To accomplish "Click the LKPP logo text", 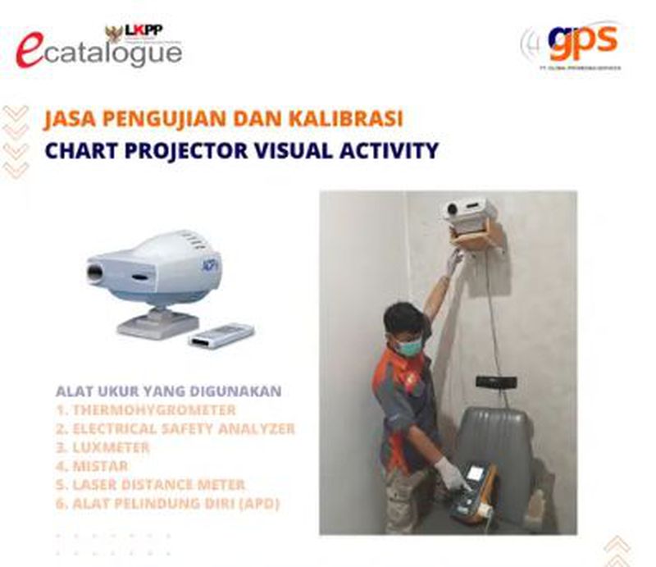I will pos(144,30).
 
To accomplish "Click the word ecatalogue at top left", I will pos(98,52).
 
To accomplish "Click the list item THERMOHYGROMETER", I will pos(146,409).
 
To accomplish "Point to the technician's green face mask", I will pos(409,347).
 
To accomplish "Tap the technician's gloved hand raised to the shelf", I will pos(454,262).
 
